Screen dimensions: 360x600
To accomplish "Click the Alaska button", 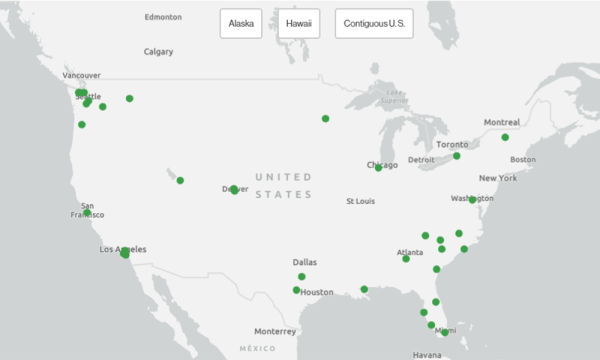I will click(x=240, y=23).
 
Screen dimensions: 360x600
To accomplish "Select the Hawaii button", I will click(x=298, y=23).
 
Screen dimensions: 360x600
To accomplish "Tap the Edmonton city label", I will click(x=163, y=17).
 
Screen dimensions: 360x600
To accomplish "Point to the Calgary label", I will click(x=158, y=51).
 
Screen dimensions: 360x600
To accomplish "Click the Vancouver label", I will click(x=82, y=75).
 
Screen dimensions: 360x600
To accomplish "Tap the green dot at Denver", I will click(x=234, y=190).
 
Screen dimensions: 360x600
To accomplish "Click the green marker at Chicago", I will click(x=378, y=168).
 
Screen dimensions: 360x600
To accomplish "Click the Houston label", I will click(x=317, y=292).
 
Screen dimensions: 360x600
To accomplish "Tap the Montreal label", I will click(x=501, y=122).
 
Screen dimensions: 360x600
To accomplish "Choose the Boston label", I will click(x=523, y=160).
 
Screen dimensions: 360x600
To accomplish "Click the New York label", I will click(x=497, y=178).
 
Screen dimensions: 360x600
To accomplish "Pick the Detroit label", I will click(x=421, y=160).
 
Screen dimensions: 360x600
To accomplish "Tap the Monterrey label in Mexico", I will click(x=275, y=331).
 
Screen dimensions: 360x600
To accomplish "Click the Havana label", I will click(x=427, y=354).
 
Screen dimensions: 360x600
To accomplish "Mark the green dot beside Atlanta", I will click(x=406, y=259).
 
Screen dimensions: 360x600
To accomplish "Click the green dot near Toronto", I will click(x=457, y=156).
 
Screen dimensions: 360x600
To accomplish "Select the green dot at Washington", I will click(x=472, y=200).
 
